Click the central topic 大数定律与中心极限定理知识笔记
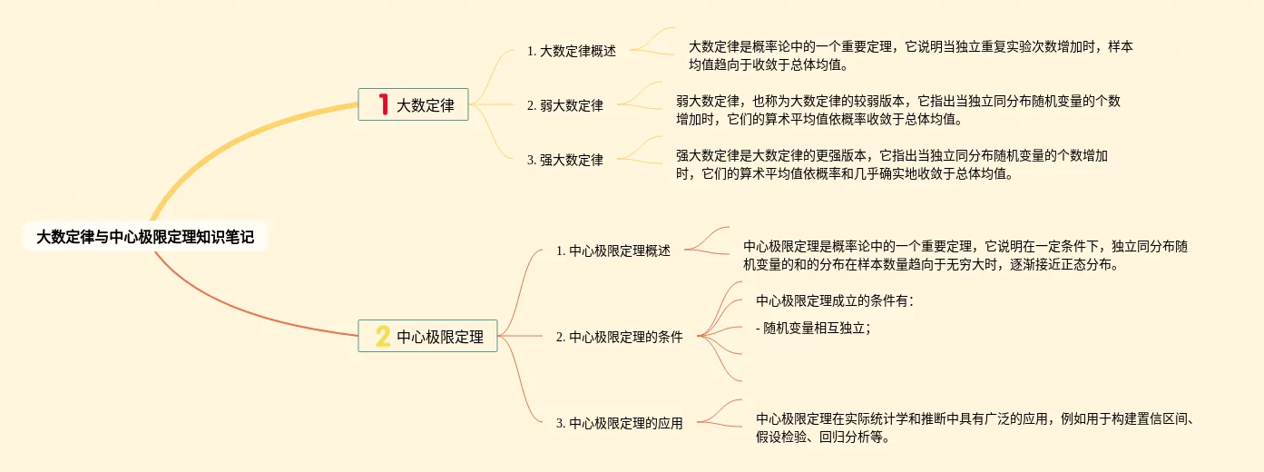(145, 238)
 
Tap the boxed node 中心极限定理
(427, 337)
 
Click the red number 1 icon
(383, 105)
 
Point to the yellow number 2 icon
(383, 337)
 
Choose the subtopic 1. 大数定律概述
(572, 52)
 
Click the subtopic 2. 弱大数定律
(565, 105)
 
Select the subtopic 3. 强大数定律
(565, 160)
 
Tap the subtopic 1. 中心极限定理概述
(613, 251)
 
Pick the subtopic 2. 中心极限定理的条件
(619, 337)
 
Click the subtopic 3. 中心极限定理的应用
(619, 422)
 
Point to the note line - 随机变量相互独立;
(813, 329)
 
